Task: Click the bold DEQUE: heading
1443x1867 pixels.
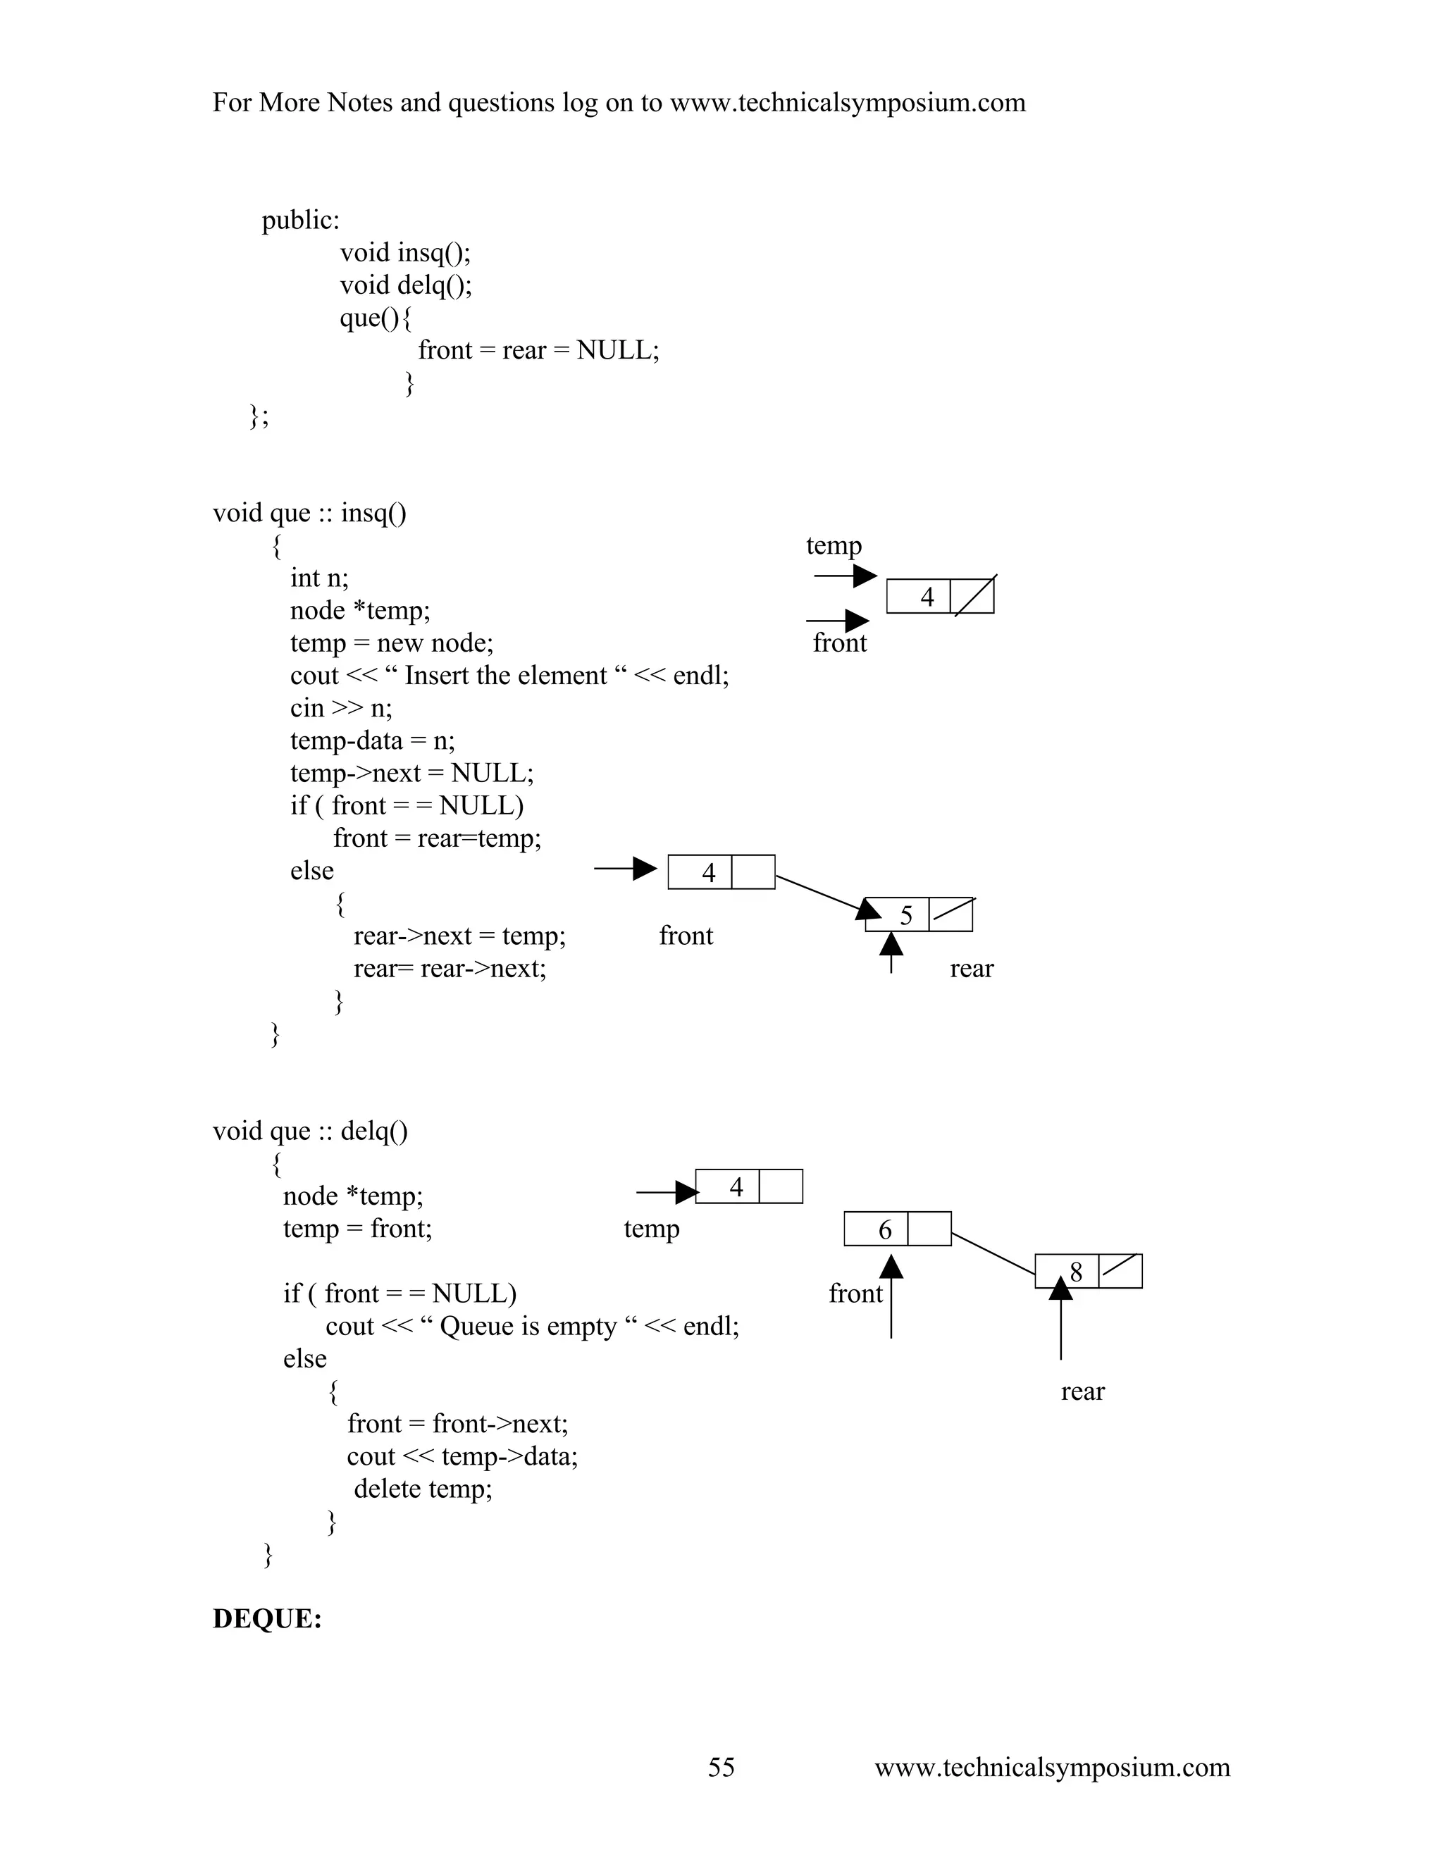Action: [267, 1618]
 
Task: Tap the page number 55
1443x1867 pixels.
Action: [721, 1766]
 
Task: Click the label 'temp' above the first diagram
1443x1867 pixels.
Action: [834, 545]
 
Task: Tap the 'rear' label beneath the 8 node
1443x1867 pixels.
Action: [1082, 1391]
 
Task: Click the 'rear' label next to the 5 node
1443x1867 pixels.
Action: [971, 969]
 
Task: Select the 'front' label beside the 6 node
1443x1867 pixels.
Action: [855, 1294]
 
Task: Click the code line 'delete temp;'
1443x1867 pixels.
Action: [423, 1488]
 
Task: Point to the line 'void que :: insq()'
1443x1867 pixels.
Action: [309, 513]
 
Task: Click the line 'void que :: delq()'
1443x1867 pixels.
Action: [310, 1131]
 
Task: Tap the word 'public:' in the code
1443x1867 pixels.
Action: [300, 221]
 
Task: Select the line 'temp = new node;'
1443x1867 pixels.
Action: [392, 643]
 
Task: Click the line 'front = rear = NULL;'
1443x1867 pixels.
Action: [538, 350]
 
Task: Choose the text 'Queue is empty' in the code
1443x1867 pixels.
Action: [528, 1326]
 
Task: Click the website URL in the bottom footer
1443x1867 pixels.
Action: [1051, 1766]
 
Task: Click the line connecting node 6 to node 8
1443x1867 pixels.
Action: [993, 1254]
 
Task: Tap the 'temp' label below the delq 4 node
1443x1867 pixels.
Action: [652, 1229]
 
